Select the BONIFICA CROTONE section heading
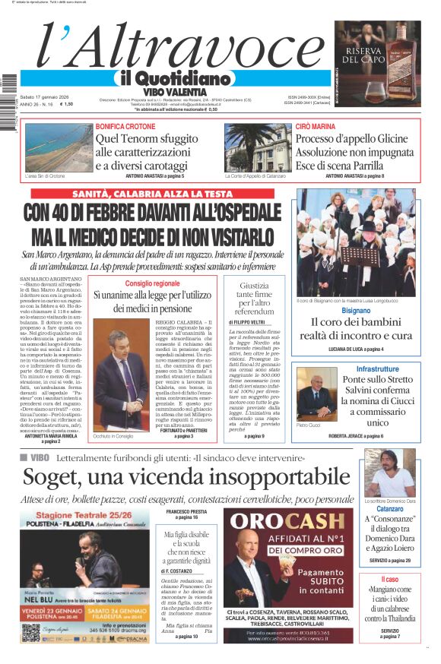tap(125, 125)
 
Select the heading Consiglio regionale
tap(153, 283)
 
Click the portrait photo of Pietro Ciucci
tap(316, 394)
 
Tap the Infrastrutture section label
tap(377, 368)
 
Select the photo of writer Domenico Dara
tap(389, 472)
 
